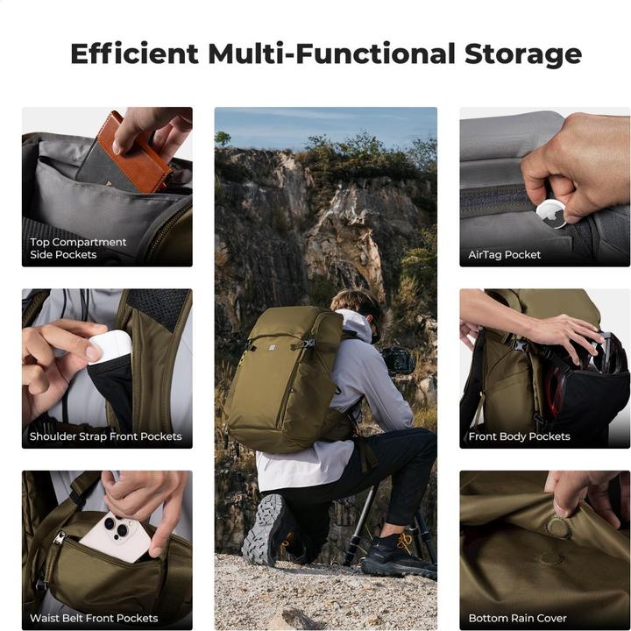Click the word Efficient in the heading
[x=134, y=53]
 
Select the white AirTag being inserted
[x=552, y=213]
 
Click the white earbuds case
[x=110, y=345]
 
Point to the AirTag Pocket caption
[x=504, y=255]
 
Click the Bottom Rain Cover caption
[x=518, y=618]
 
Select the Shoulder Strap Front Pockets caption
[x=105, y=436]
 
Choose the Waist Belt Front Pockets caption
[x=94, y=618]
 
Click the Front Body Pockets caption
[x=519, y=436]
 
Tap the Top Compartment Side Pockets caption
[x=78, y=248]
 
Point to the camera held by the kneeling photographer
[x=399, y=360]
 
